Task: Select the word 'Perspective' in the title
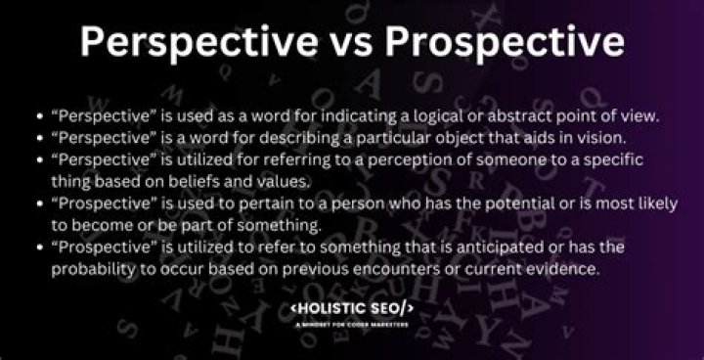(x=190, y=44)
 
